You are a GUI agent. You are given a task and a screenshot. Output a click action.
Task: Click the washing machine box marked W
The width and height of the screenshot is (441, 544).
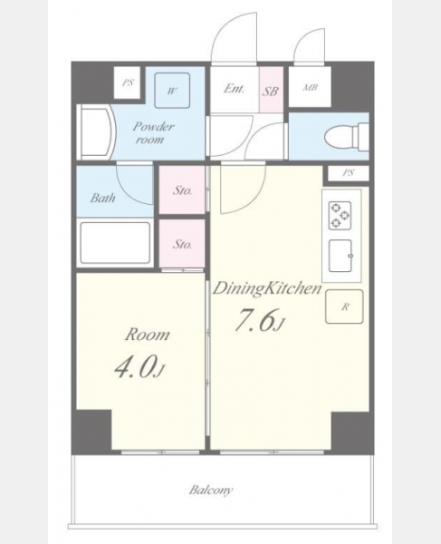click(x=172, y=91)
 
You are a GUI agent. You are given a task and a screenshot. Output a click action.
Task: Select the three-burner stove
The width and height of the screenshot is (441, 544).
click(x=340, y=216)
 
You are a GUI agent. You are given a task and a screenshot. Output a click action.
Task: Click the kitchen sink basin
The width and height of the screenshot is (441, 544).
click(x=340, y=256)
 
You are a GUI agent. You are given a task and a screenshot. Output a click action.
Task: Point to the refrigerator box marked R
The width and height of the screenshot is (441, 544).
click(x=344, y=306)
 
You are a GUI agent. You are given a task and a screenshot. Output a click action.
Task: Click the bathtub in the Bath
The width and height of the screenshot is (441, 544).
click(x=115, y=242)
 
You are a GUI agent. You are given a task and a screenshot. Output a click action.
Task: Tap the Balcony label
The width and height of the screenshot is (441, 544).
click(x=211, y=491)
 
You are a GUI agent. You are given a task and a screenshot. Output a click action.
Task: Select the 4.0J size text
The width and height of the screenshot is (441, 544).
click(x=141, y=369)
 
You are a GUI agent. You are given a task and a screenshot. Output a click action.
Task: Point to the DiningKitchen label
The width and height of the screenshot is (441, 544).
click(x=267, y=288)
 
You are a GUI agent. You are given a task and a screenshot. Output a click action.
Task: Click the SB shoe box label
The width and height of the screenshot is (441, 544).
click(x=270, y=92)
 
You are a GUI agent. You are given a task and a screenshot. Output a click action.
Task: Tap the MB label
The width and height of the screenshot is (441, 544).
click(x=310, y=87)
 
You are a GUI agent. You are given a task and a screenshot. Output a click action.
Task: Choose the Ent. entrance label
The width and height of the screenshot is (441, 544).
click(x=234, y=89)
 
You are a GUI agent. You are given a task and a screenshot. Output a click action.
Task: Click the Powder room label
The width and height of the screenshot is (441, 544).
click(x=152, y=132)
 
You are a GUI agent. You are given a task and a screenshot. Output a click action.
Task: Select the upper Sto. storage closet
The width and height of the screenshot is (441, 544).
click(x=182, y=189)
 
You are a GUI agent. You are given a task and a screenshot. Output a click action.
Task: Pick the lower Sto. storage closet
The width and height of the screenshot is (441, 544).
click(x=182, y=244)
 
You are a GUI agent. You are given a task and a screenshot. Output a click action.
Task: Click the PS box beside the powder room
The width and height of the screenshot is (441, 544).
click(x=128, y=83)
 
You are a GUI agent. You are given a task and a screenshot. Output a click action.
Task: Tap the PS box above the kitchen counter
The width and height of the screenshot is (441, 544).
click(x=349, y=173)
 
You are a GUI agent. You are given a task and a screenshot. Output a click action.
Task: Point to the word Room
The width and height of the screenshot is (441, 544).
click(x=148, y=335)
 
